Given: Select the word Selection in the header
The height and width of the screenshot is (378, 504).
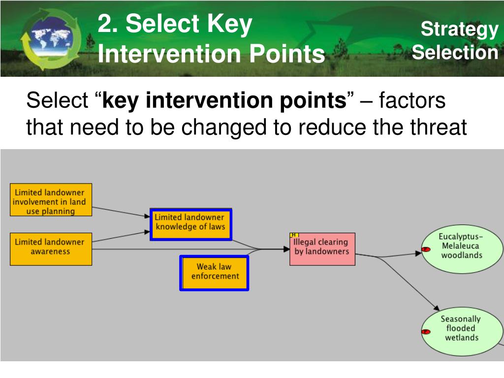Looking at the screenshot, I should click(455, 53).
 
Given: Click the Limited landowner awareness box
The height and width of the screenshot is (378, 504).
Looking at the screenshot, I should click(51, 248).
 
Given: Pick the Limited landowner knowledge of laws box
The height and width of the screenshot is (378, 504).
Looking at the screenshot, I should click(190, 224).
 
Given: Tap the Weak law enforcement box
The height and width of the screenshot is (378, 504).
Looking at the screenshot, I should click(214, 272).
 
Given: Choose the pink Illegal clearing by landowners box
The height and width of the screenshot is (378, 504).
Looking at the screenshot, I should click(322, 249).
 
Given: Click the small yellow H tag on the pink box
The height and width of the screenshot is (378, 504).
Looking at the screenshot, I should click(294, 235).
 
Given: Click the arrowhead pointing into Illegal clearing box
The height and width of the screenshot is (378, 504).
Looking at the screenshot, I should click(286, 249).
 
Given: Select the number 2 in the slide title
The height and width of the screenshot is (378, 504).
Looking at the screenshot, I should click(105, 25).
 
